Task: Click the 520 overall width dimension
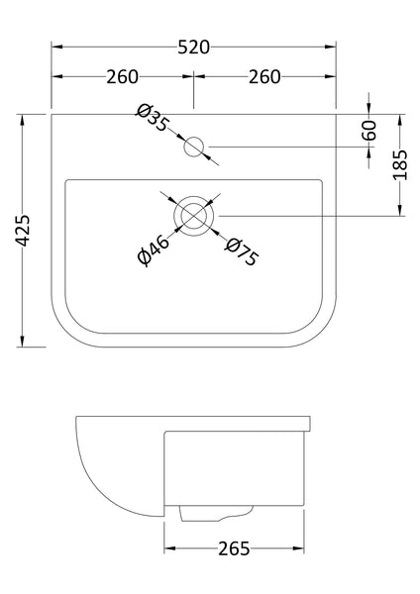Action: click(194, 46)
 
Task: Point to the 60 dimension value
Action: click(370, 130)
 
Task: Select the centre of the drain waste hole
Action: click(193, 215)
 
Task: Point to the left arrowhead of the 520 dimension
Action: click(55, 46)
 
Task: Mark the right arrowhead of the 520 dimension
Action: click(334, 46)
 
